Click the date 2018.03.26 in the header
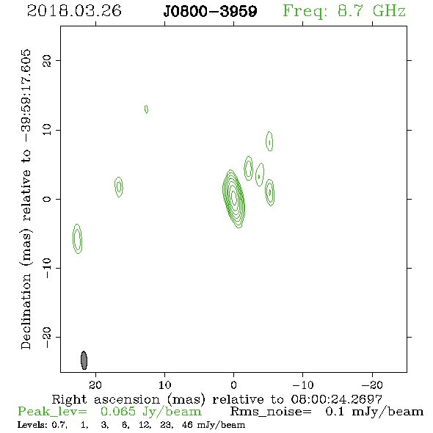(x=74, y=11)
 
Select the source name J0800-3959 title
(x=210, y=11)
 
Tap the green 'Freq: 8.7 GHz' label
(x=344, y=12)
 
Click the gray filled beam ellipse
(x=84, y=360)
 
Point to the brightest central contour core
(x=234, y=197)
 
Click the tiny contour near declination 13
(x=146, y=109)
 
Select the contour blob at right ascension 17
(x=119, y=187)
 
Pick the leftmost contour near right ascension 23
(x=78, y=239)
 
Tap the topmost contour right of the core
(x=269, y=141)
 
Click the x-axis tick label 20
(x=95, y=385)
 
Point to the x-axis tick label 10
(x=165, y=385)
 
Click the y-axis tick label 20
(x=47, y=61)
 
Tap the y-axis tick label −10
(x=47, y=268)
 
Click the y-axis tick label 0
(x=47, y=199)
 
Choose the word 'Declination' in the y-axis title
(x=26, y=311)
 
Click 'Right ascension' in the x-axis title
(x=106, y=399)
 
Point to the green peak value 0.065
(x=118, y=412)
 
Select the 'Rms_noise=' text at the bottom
(x=271, y=412)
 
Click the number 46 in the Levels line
(x=187, y=424)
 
